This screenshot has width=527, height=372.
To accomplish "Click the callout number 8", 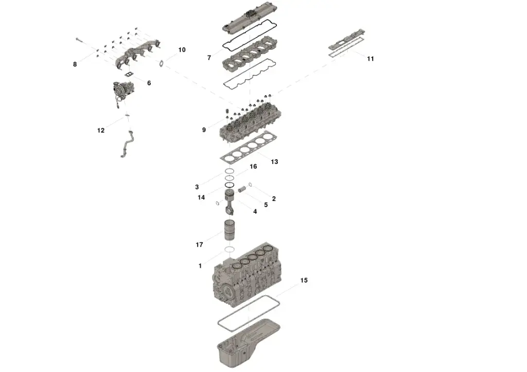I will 75,64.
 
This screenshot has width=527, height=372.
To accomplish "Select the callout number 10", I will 182,50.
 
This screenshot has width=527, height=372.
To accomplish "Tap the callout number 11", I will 370,59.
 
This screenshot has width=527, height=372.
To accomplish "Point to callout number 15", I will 304,281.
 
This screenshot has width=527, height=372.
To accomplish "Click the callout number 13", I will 274,162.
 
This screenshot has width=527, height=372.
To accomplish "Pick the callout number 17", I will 199,245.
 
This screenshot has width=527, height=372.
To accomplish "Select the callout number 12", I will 101,131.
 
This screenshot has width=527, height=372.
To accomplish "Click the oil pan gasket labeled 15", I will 249,313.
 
